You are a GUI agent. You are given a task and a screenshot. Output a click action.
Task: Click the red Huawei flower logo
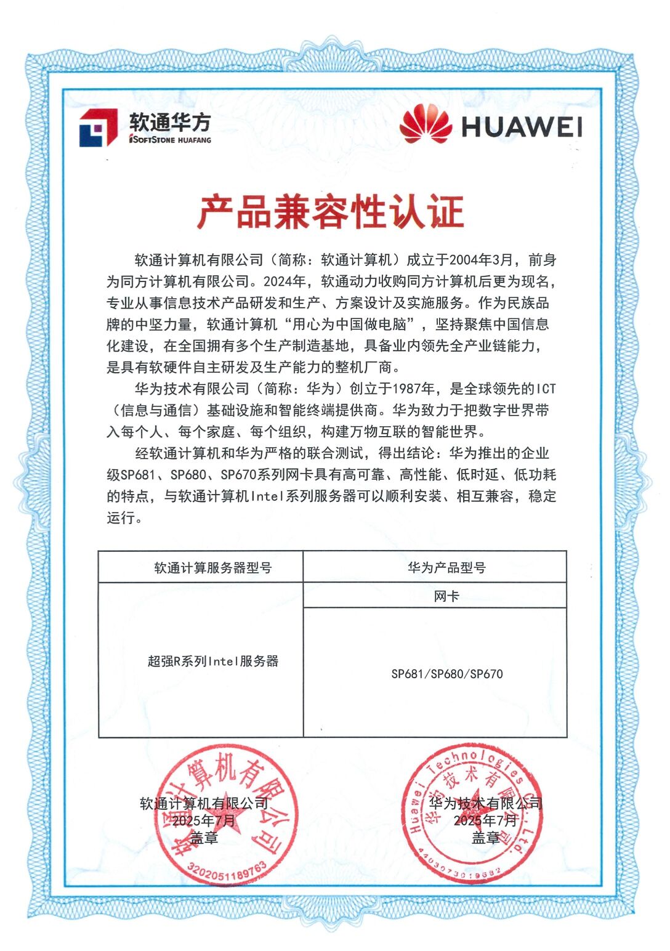(x=426, y=124)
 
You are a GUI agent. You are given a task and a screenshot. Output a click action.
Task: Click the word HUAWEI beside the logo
(x=522, y=126)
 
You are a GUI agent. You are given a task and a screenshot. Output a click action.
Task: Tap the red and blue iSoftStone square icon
(x=98, y=128)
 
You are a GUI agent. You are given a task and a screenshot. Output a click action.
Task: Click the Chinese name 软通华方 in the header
(x=170, y=121)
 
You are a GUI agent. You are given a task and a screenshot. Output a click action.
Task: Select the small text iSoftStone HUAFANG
(x=170, y=140)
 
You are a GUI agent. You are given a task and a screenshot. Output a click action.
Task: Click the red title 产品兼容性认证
(x=331, y=212)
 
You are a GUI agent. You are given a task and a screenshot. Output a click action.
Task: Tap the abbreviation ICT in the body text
(x=546, y=389)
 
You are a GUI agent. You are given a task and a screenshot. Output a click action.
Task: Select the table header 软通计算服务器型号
(x=212, y=567)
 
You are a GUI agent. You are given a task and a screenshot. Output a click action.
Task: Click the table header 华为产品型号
(x=446, y=567)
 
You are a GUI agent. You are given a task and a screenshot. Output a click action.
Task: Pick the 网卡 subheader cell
(x=446, y=596)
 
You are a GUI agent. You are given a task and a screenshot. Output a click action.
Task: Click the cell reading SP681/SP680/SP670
(x=446, y=674)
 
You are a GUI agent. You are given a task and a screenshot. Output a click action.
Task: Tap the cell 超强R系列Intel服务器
(x=213, y=662)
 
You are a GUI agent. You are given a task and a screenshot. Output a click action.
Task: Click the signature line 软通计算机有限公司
(x=204, y=804)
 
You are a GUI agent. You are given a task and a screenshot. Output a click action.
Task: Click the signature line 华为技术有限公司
(x=486, y=803)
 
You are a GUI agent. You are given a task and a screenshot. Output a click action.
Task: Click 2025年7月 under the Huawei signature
(x=486, y=820)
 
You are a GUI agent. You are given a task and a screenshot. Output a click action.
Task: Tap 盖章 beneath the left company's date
(x=204, y=838)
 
